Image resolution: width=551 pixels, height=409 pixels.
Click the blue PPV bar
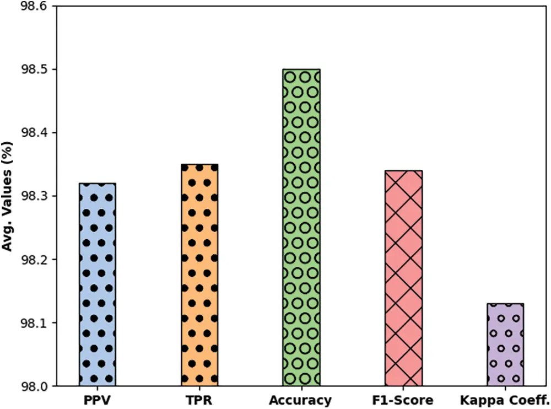click(98, 284)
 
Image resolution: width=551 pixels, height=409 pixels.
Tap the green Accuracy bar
click(301, 227)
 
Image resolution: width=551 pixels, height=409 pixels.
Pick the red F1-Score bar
click(404, 278)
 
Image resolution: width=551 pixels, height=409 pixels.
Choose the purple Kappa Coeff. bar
click(506, 344)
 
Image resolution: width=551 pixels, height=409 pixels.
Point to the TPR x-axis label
click(199, 400)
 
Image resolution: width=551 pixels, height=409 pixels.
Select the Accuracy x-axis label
click(301, 400)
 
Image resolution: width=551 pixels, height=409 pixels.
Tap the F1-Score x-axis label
click(404, 400)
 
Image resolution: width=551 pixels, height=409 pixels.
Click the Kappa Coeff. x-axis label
click(506, 400)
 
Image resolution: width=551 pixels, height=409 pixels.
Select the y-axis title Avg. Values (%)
click(8, 196)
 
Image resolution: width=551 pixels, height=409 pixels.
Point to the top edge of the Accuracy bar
click(301, 69)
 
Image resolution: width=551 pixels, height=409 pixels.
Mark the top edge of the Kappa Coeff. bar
click(506, 303)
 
